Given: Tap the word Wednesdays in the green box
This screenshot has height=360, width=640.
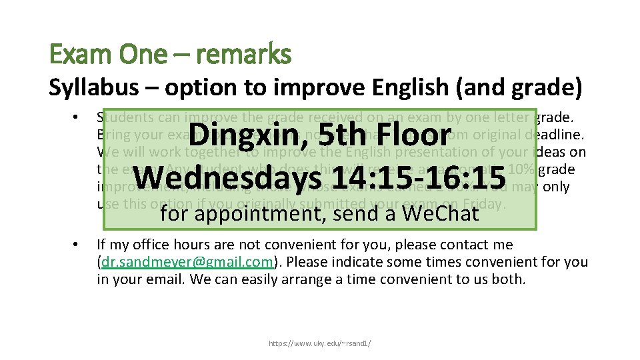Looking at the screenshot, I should point(225,177).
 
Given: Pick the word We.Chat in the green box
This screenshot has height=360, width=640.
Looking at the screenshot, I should point(441,213).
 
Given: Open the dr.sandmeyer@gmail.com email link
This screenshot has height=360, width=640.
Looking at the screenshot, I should point(178,263).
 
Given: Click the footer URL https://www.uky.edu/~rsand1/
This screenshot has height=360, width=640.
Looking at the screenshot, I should point(320,343).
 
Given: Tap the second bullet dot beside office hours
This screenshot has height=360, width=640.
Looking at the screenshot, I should point(77,245).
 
